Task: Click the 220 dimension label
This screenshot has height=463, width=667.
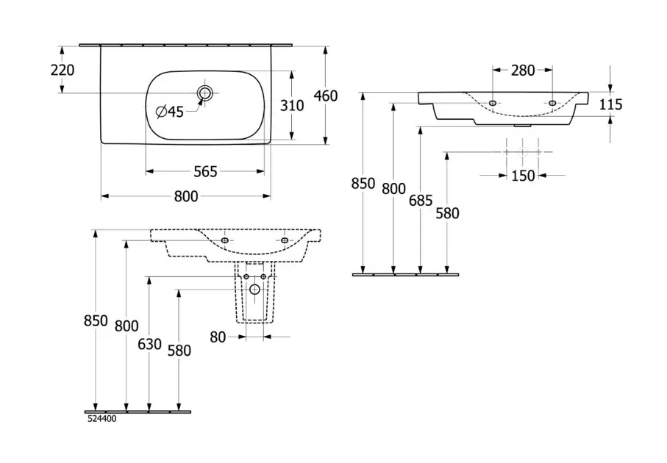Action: click(63, 71)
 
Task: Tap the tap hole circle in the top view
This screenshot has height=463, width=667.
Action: click(204, 93)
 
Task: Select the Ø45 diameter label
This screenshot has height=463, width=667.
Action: click(170, 112)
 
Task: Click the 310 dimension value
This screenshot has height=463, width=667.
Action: click(292, 105)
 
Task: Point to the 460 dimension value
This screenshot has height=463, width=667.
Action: click(326, 96)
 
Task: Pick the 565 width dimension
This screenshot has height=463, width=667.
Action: click(205, 171)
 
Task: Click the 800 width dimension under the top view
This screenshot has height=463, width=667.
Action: click(186, 196)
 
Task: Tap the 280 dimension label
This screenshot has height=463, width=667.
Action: click(523, 71)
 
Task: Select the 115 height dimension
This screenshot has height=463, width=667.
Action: click(610, 105)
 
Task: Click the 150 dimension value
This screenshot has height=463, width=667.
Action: click(523, 176)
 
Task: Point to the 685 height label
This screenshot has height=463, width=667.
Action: click(421, 198)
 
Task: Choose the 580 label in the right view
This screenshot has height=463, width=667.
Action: click(447, 213)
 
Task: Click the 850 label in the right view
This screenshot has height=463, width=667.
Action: click(363, 183)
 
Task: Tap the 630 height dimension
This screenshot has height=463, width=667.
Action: click(149, 343)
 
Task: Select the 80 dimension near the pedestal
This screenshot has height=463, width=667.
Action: click(219, 337)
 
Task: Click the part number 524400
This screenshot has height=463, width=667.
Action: click(101, 419)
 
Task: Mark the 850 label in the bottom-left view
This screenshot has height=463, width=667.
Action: click(96, 321)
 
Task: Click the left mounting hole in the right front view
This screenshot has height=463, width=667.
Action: click(492, 103)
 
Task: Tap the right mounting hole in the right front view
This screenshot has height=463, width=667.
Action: click(552, 103)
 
